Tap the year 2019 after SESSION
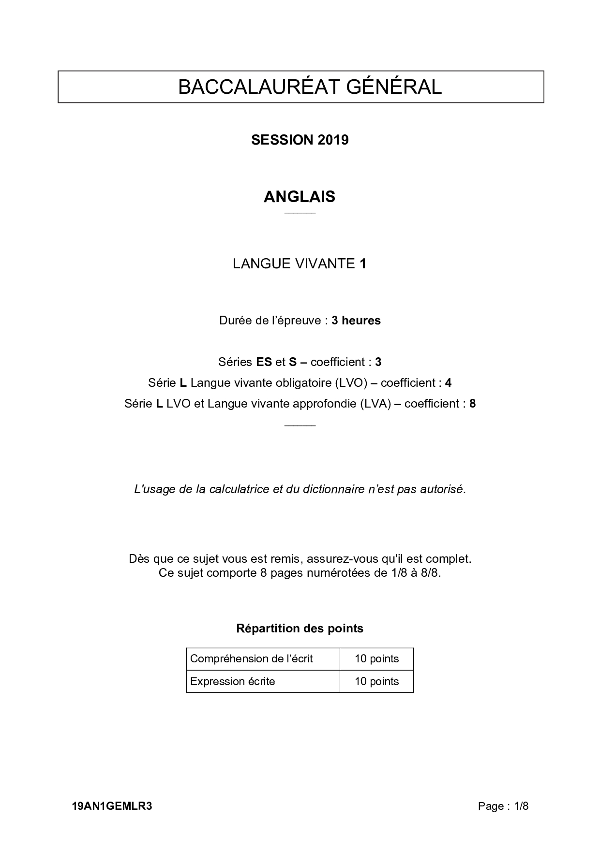(333, 140)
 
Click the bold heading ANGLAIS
(300, 197)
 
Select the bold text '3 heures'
(356, 321)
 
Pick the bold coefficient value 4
(448, 383)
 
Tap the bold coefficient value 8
(472, 404)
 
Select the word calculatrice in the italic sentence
(240, 489)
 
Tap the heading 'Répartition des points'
(300, 629)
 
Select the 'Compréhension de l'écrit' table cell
(252, 659)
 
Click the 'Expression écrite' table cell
(233, 682)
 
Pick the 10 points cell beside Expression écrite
(376, 682)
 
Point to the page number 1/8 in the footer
(522, 806)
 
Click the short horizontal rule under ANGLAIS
(300, 213)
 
